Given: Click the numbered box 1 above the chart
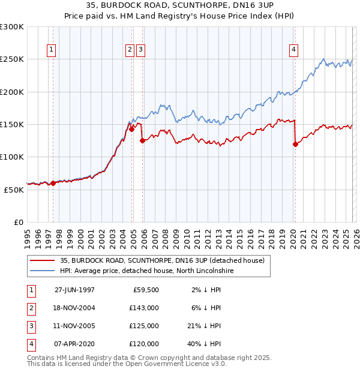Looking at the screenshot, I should pyautogui.click(x=52, y=50).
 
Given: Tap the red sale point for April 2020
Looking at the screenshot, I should pyautogui.click(x=295, y=144).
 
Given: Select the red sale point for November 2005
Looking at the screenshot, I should pyautogui.click(x=142, y=141).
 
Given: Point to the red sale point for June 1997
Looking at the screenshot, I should pyautogui.click(x=53, y=184).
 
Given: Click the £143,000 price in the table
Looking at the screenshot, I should pyautogui.click(x=145, y=308).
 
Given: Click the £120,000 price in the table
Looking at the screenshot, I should pyautogui.click(x=145, y=344).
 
